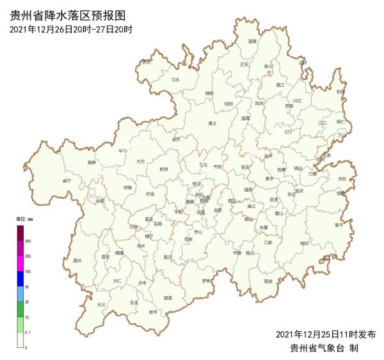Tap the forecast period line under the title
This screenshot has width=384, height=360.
(71, 29)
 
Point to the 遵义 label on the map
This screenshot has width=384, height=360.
(212, 123)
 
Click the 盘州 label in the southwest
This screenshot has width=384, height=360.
(77, 260)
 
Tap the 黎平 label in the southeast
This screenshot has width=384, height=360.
(339, 225)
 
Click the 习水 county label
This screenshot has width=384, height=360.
(175, 80)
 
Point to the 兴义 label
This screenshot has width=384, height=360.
(101, 304)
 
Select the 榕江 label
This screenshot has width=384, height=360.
(304, 243)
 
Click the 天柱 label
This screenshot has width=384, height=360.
(342, 178)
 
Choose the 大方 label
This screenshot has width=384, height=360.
(141, 161)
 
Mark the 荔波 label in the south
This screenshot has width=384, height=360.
(268, 281)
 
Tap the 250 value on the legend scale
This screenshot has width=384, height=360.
(28, 240)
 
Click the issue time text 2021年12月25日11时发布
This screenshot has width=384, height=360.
(326, 334)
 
